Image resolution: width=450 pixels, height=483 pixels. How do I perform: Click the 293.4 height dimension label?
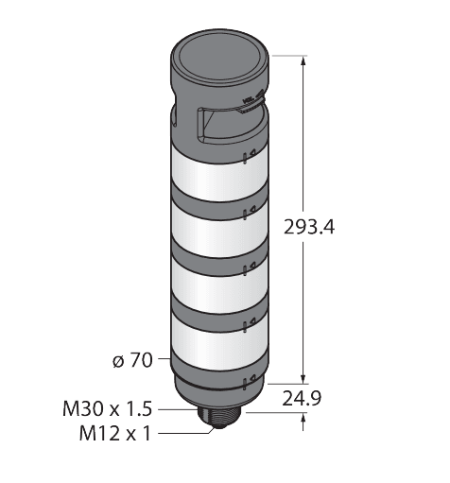click(309, 227)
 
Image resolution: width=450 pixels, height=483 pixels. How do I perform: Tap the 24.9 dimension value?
click(302, 399)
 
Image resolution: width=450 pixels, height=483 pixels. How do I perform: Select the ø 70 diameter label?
click(132, 360)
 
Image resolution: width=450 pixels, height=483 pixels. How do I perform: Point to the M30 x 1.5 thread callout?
click(108, 409)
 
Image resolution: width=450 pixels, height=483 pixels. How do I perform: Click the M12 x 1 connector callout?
click(115, 433)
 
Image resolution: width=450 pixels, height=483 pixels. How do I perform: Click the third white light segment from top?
click(219, 286)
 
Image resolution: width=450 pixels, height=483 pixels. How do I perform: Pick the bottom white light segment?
click(219, 343)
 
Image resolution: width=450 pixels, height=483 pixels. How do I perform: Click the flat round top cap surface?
click(219, 56)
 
